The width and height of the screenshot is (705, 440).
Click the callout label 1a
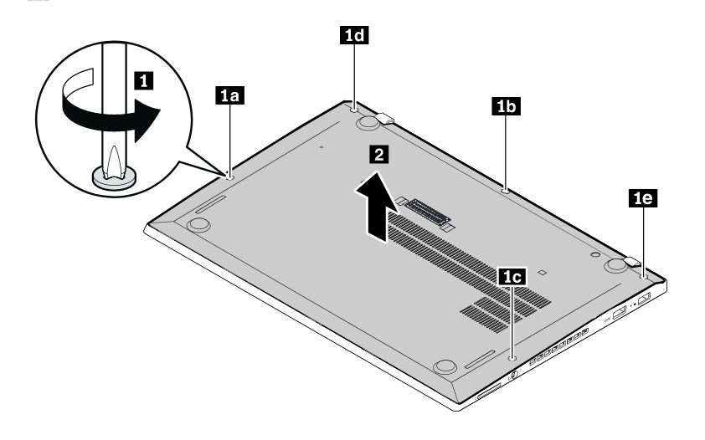tap(229, 95)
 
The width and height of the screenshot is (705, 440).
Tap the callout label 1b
tap(507, 106)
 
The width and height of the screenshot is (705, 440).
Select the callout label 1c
tap(513, 277)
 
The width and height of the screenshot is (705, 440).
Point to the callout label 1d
tap(354, 35)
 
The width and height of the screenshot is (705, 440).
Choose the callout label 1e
tap(643, 198)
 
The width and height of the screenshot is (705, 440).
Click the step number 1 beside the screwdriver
tap(144, 81)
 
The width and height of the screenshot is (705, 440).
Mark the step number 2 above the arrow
tap(379, 155)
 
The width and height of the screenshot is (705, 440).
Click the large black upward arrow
tap(377, 207)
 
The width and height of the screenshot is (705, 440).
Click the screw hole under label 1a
tap(230, 177)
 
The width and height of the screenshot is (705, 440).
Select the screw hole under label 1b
tap(506, 191)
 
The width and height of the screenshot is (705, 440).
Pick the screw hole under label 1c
tap(513, 358)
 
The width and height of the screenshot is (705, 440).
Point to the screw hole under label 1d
tap(354, 109)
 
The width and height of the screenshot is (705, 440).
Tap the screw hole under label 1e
tap(645, 277)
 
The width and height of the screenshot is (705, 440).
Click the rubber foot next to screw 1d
tap(368, 122)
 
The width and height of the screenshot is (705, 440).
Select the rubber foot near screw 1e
tap(615, 265)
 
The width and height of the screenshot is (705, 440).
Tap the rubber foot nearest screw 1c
tap(445, 366)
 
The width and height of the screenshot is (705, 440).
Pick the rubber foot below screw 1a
tap(198, 224)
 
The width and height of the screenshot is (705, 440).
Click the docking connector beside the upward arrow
tap(429, 212)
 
